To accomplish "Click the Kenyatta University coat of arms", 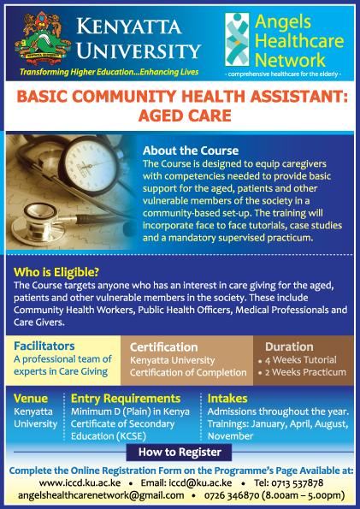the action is (x=43, y=38).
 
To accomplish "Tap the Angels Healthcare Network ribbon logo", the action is (x=237, y=39).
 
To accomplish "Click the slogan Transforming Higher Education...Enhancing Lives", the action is (x=109, y=72).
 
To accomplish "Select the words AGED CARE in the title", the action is (x=185, y=115).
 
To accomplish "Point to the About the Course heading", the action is (x=191, y=151).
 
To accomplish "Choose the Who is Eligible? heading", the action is (x=56, y=272).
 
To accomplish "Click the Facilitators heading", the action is (x=44, y=346).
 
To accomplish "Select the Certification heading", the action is (x=163, y=347).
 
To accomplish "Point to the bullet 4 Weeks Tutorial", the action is (x=298, y=360).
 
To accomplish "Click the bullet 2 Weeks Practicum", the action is (x=302, y=372).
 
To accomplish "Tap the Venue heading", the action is (x=31, y=399).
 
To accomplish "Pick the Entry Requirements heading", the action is (x=126, y=399).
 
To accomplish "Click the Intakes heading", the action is (x=227, y=399).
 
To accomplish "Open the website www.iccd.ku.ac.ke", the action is (x=80, y=483).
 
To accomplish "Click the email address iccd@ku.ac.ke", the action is (x=186, y=483).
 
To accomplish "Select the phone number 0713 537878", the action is (x=288, y=483).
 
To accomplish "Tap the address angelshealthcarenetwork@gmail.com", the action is (x=101, y=495).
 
